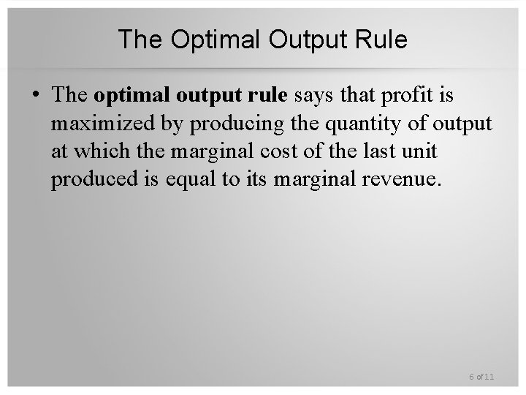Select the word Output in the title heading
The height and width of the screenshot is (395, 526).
pyautogui.click(x=297, y=39)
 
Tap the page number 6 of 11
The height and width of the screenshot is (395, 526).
pyautogui.click(x=481, y=377)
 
